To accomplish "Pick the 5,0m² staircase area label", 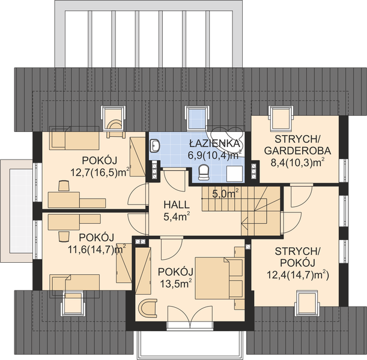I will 225,193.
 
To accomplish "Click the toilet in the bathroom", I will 203,173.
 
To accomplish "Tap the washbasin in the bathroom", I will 156,145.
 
